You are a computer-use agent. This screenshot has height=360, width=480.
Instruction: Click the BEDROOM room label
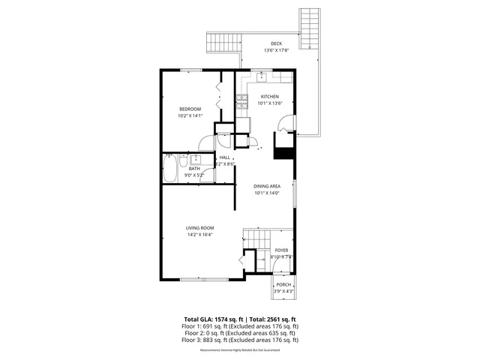[190, 109]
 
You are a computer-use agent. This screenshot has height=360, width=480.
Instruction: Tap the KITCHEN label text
[270, 97]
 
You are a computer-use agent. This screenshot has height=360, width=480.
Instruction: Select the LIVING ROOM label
[201, 228]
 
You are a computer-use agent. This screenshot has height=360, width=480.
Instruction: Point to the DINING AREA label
[267, 186]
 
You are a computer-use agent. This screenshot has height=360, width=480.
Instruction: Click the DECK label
[277, 44]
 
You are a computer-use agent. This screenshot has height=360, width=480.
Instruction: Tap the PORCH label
[283, 285]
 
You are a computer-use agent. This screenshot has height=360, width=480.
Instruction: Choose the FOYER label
[281, 250]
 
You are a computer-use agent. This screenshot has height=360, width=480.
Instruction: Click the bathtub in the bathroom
[169, 168]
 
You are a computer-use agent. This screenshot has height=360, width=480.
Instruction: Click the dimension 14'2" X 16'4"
[201, 235]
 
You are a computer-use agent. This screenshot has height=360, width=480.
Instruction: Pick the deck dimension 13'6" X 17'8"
[277, 51]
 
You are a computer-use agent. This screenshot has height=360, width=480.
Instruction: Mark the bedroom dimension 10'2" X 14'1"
[190, 116]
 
